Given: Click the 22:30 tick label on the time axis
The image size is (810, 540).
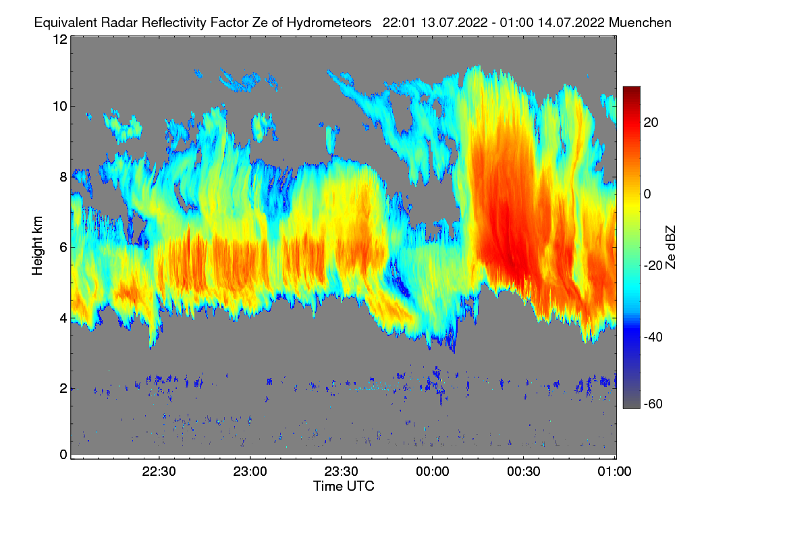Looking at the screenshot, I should pos(159,472).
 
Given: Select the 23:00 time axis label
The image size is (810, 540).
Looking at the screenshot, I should pos(250,472).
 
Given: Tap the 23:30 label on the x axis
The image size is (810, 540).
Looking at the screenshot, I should pos(342,472).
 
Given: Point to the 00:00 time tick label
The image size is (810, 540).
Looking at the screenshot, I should pos(433,472).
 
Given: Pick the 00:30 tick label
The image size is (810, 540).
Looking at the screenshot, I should pos(524,472).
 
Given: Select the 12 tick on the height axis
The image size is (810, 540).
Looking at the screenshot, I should pos(60,39).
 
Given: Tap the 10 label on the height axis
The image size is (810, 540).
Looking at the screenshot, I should pos(60,106).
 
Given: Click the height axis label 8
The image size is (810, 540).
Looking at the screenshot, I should pos(63,177).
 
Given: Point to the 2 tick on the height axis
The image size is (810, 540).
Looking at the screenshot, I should pos(63,388).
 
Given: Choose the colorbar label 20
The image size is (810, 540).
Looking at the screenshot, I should pos(651,122).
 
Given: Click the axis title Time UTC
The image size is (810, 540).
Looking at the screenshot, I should pos(344,486).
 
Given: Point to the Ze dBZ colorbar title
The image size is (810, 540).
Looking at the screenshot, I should pos(670,246).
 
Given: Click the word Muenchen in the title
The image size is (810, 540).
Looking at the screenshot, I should pos(640,22).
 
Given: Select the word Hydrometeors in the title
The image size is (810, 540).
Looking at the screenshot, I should pos(329,22).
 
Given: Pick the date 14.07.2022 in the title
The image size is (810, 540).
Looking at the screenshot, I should pos(571,22).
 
